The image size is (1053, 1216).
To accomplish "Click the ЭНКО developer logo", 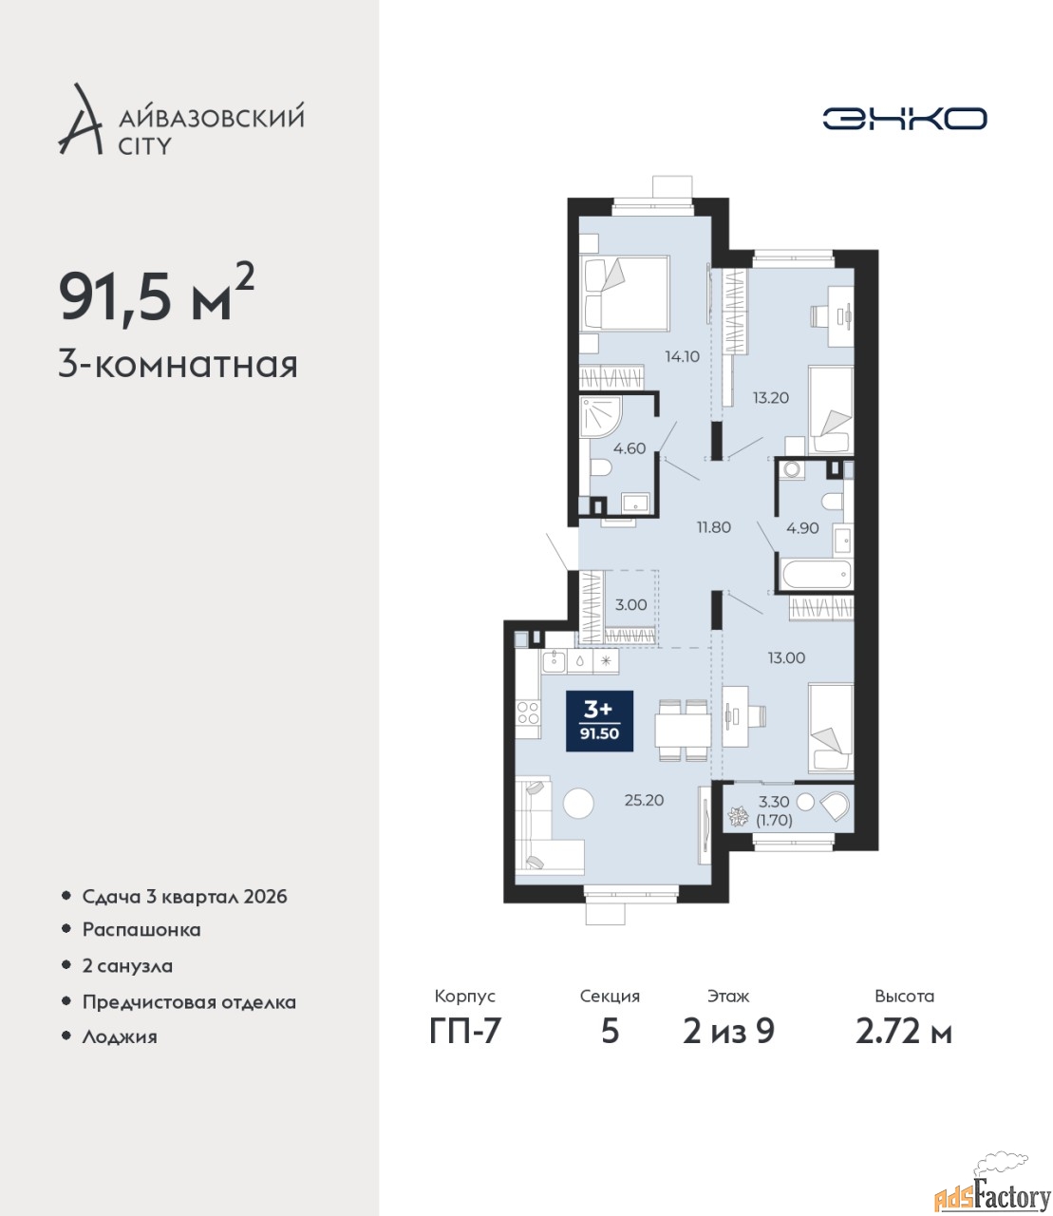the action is tap(904, 118).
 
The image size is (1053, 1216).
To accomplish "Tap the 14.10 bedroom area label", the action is tap(682, 356).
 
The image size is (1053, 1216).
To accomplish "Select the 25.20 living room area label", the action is tap(644, 800).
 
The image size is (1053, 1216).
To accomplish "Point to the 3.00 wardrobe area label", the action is tap(630, 605).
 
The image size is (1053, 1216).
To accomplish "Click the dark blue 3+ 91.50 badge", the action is tap(599, 721).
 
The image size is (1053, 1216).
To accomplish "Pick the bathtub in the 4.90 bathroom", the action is tap(816, 573).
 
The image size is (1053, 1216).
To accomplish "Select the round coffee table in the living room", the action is tap(578, 803).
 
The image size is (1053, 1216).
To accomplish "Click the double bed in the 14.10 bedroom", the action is tap(625, 294).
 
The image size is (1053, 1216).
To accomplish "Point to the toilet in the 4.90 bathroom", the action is tap(835, 503).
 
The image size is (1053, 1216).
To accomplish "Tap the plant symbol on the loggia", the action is tap(737, 816).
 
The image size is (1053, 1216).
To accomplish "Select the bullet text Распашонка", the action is tap(141, 930).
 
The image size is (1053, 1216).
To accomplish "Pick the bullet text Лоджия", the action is tap(120, 1036).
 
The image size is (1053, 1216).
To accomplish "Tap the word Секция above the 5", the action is tap(610, 997).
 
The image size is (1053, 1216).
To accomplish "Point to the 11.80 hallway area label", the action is tap(714, 527).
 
